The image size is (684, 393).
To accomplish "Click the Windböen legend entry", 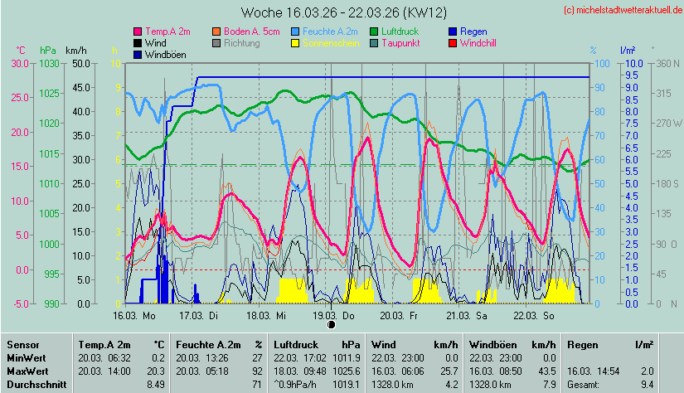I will pos(165,54).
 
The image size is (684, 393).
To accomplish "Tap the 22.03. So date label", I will pos(535,316).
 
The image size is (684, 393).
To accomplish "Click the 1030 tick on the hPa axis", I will pos(50,63).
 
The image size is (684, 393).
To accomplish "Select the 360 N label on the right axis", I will pos(667,63).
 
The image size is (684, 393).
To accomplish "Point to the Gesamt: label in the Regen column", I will pos(583,385).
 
